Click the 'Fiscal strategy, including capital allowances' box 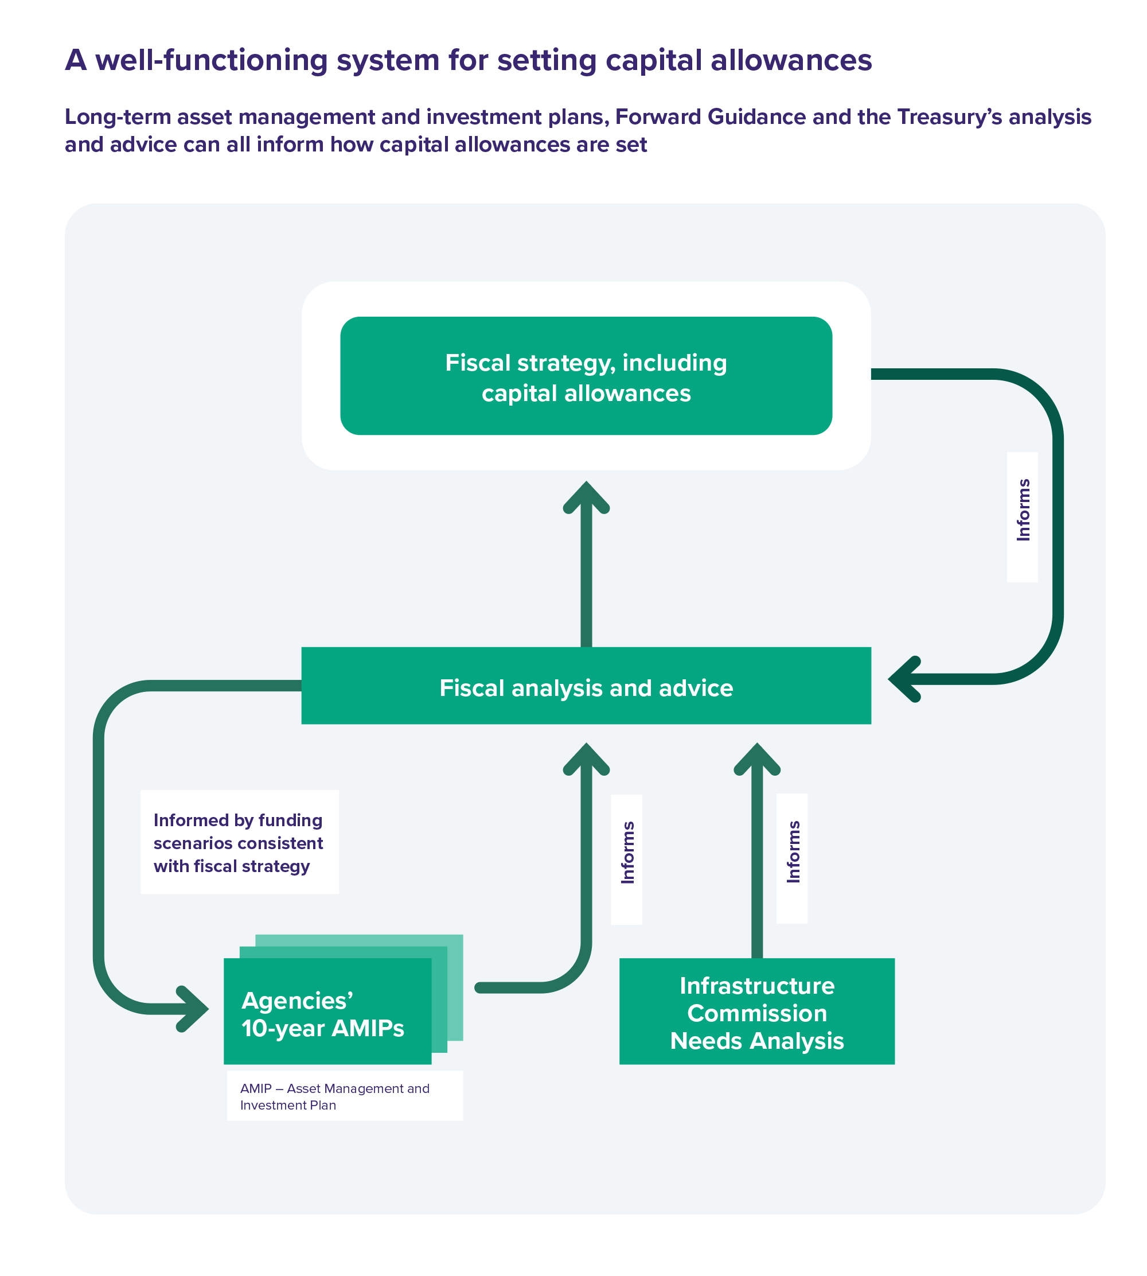tap(586, 376)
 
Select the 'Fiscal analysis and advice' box tap(586, 686)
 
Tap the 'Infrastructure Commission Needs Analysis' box tap(756, 1013)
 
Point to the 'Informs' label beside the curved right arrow tap(1022, 510)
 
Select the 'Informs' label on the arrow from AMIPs tap(627, 853)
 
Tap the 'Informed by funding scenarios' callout tap(240, 842)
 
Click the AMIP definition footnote tap(344, 1096)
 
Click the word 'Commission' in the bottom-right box tap(756, 1013)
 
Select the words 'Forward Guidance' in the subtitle tap(709, 117)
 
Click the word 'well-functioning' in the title tap(211, 60)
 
